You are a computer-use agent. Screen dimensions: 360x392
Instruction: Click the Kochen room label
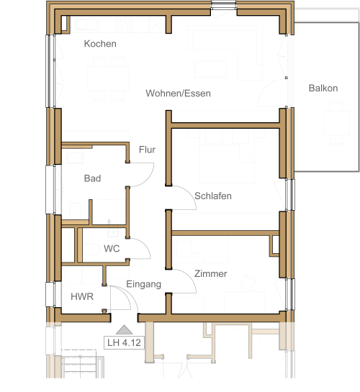tap(100, 44)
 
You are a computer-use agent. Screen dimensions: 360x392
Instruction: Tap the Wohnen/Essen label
tap(178, 94)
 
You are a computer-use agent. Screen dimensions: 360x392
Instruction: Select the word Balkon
tap(323, 88)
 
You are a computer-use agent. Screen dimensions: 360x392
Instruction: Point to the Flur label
tap(147, 150)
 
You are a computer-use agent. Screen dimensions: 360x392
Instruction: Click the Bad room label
tap(93, 178)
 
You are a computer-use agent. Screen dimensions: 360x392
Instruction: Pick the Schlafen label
tap(213, 196)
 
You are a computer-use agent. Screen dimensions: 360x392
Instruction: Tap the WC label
tap(112, 248)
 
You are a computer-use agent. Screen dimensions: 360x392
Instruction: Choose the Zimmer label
tap(211, 273)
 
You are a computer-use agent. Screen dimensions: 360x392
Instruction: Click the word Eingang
tap(143, 284)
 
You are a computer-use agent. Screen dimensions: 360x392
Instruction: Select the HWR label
tap(82, 296)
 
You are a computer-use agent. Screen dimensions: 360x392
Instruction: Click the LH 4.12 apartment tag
tap(124, 342)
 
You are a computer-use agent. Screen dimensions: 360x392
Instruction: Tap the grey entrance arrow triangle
tap(124, 330)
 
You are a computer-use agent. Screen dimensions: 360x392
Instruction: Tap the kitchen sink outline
tap(86, 24)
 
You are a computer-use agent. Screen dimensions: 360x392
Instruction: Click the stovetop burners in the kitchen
tap(124, 24)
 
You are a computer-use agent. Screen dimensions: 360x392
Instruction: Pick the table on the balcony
tap(337, 123)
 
